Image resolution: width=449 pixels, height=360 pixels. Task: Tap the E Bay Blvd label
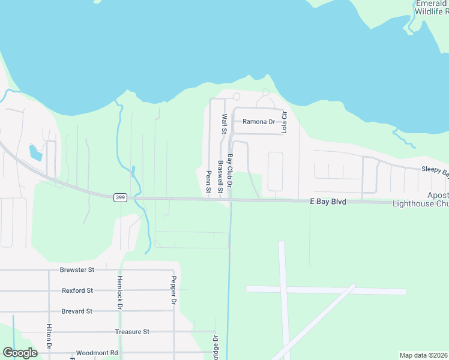click(328, 202)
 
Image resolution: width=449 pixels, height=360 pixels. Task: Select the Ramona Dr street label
click(258, 121)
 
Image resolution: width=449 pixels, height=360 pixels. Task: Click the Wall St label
click(224, 124)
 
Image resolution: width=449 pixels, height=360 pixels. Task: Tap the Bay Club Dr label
click(229, 168)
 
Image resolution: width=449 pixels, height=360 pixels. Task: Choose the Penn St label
click(209, 181)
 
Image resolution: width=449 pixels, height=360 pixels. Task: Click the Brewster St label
click(77, 270)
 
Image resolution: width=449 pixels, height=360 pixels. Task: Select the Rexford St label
click(77, 290)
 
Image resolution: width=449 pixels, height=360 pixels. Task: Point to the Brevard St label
click(77, 311)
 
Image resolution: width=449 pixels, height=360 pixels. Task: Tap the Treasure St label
click(132, 331)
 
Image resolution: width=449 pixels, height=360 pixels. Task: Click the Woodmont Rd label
click(97, 353)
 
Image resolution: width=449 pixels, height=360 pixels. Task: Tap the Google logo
click(20, 353)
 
